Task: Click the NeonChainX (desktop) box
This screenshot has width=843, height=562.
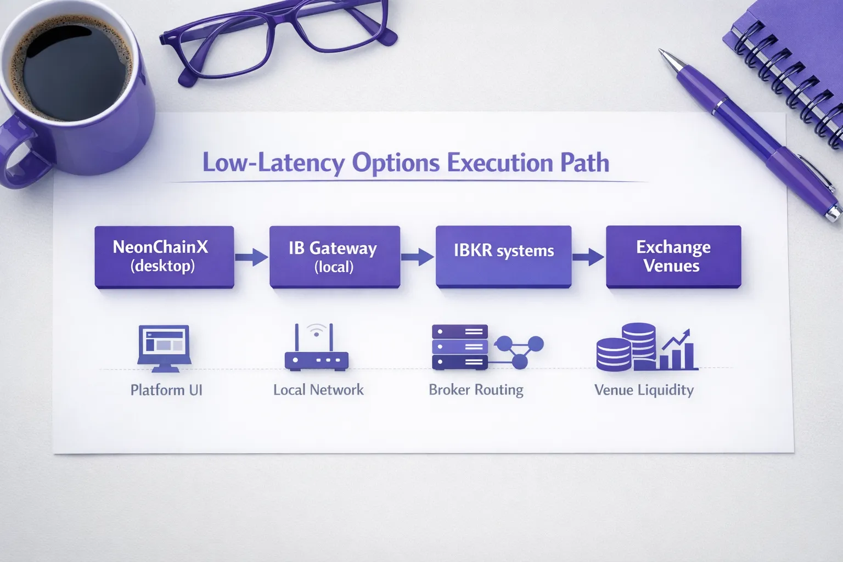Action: (164, 256)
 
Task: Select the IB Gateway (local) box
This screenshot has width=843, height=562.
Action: (334, 257)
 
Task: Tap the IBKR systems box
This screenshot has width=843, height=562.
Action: (503, 256)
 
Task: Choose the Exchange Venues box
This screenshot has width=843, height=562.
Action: (673, 256)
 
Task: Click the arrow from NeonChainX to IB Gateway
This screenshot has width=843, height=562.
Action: (251, 256)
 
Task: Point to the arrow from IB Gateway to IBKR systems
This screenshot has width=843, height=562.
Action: (418, 256)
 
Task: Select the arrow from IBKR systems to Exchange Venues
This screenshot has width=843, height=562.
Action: (588, 256)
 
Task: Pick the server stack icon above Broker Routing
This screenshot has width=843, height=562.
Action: (460, 347)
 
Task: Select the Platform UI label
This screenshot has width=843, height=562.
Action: (166, 390)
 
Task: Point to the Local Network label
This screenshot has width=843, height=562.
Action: (318, 390)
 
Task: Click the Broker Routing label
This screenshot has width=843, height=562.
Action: (476, 390)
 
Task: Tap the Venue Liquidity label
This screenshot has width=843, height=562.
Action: (644, 390)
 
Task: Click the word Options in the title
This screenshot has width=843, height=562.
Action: (396, 163)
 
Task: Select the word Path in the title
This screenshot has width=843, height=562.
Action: (585, 163)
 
